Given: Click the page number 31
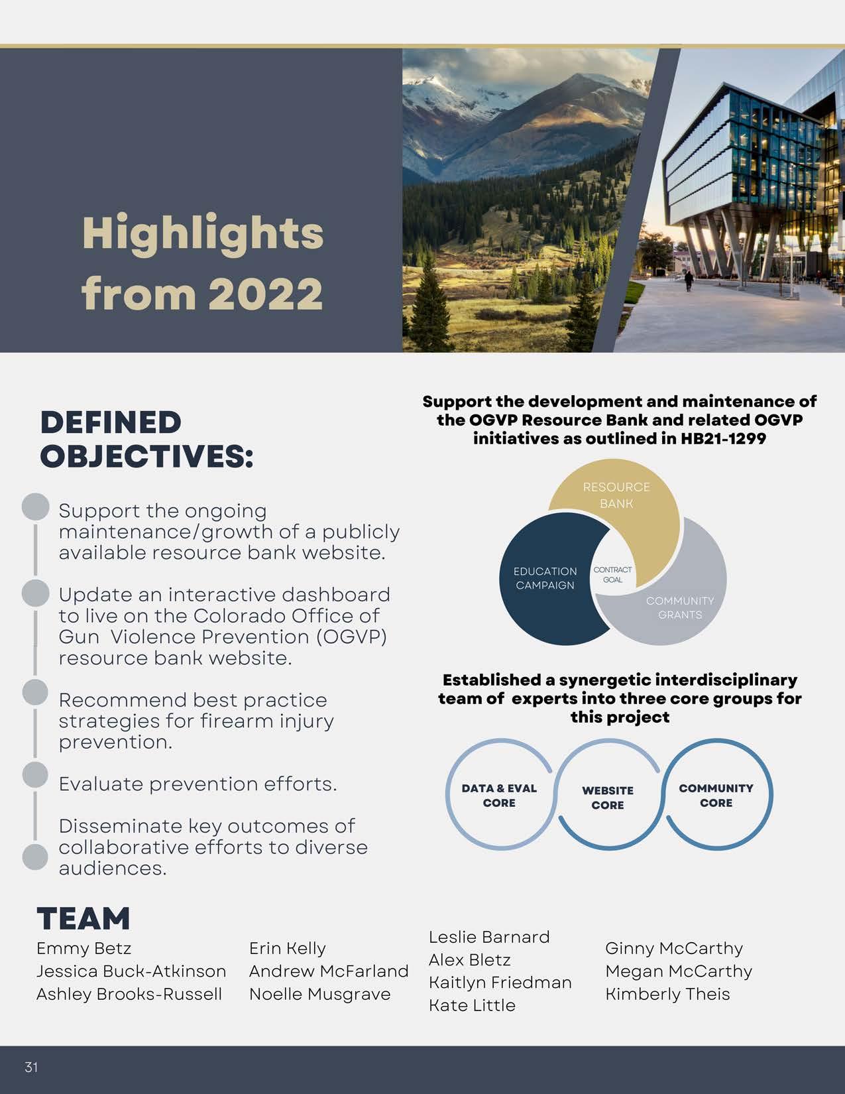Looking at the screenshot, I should point(31,1067).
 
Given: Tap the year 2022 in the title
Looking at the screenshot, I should point(265,293).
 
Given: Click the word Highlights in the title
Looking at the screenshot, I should point(203,233).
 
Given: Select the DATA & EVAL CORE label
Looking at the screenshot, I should point(499,795).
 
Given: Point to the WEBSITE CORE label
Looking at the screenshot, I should point(608,798).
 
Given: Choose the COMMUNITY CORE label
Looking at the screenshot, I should point(716,795).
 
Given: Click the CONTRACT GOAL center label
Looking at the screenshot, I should point(612,574).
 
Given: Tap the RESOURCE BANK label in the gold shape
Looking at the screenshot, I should point(616,495).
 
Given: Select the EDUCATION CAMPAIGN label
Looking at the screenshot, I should point(545,578).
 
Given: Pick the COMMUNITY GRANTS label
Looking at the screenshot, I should point(680,607).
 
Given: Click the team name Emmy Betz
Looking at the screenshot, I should point(84,948).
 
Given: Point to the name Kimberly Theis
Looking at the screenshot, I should point(667,994).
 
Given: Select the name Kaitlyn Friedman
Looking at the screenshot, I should point(500,982).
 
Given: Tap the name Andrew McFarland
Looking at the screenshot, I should point(329,971).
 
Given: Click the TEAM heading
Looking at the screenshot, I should point(84,918).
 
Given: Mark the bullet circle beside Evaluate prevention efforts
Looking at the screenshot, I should point(35,774).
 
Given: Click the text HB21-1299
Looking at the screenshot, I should point(723,438).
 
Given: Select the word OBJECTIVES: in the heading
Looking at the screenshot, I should point(146,457).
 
